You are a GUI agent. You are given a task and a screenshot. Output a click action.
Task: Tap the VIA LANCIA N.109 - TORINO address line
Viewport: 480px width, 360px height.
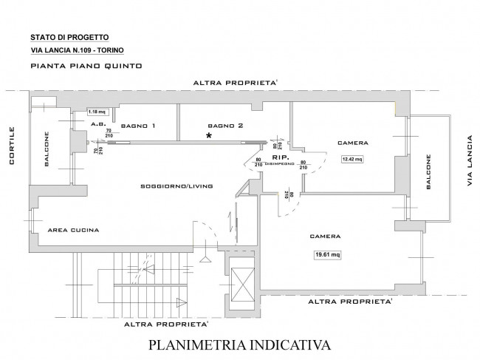[x=78, y=50]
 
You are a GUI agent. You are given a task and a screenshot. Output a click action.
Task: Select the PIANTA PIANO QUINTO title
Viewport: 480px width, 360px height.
[x=77, y=66]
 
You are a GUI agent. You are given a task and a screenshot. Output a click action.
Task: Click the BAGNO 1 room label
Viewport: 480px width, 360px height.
[x=139, y=125]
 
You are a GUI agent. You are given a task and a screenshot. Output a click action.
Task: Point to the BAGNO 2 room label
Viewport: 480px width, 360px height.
[x=225, y=125]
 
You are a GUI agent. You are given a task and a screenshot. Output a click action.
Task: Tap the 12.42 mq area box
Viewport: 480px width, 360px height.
[x=352, y=158]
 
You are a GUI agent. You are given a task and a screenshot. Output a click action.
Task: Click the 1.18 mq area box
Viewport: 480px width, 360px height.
[x=97, y=112]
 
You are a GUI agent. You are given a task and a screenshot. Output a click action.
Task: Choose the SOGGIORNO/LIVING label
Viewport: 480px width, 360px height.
[x=176, y=186]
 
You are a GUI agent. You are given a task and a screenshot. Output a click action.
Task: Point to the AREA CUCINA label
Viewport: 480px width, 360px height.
[x=73, y=231]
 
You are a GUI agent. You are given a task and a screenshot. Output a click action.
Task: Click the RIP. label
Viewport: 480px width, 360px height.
[x=280, y=157]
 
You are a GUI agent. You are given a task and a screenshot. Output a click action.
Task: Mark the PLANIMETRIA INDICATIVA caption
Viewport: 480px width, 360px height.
[x=240, y=345]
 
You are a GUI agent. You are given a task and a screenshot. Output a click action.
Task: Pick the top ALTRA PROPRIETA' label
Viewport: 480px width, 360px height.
[x=234, y=83]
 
